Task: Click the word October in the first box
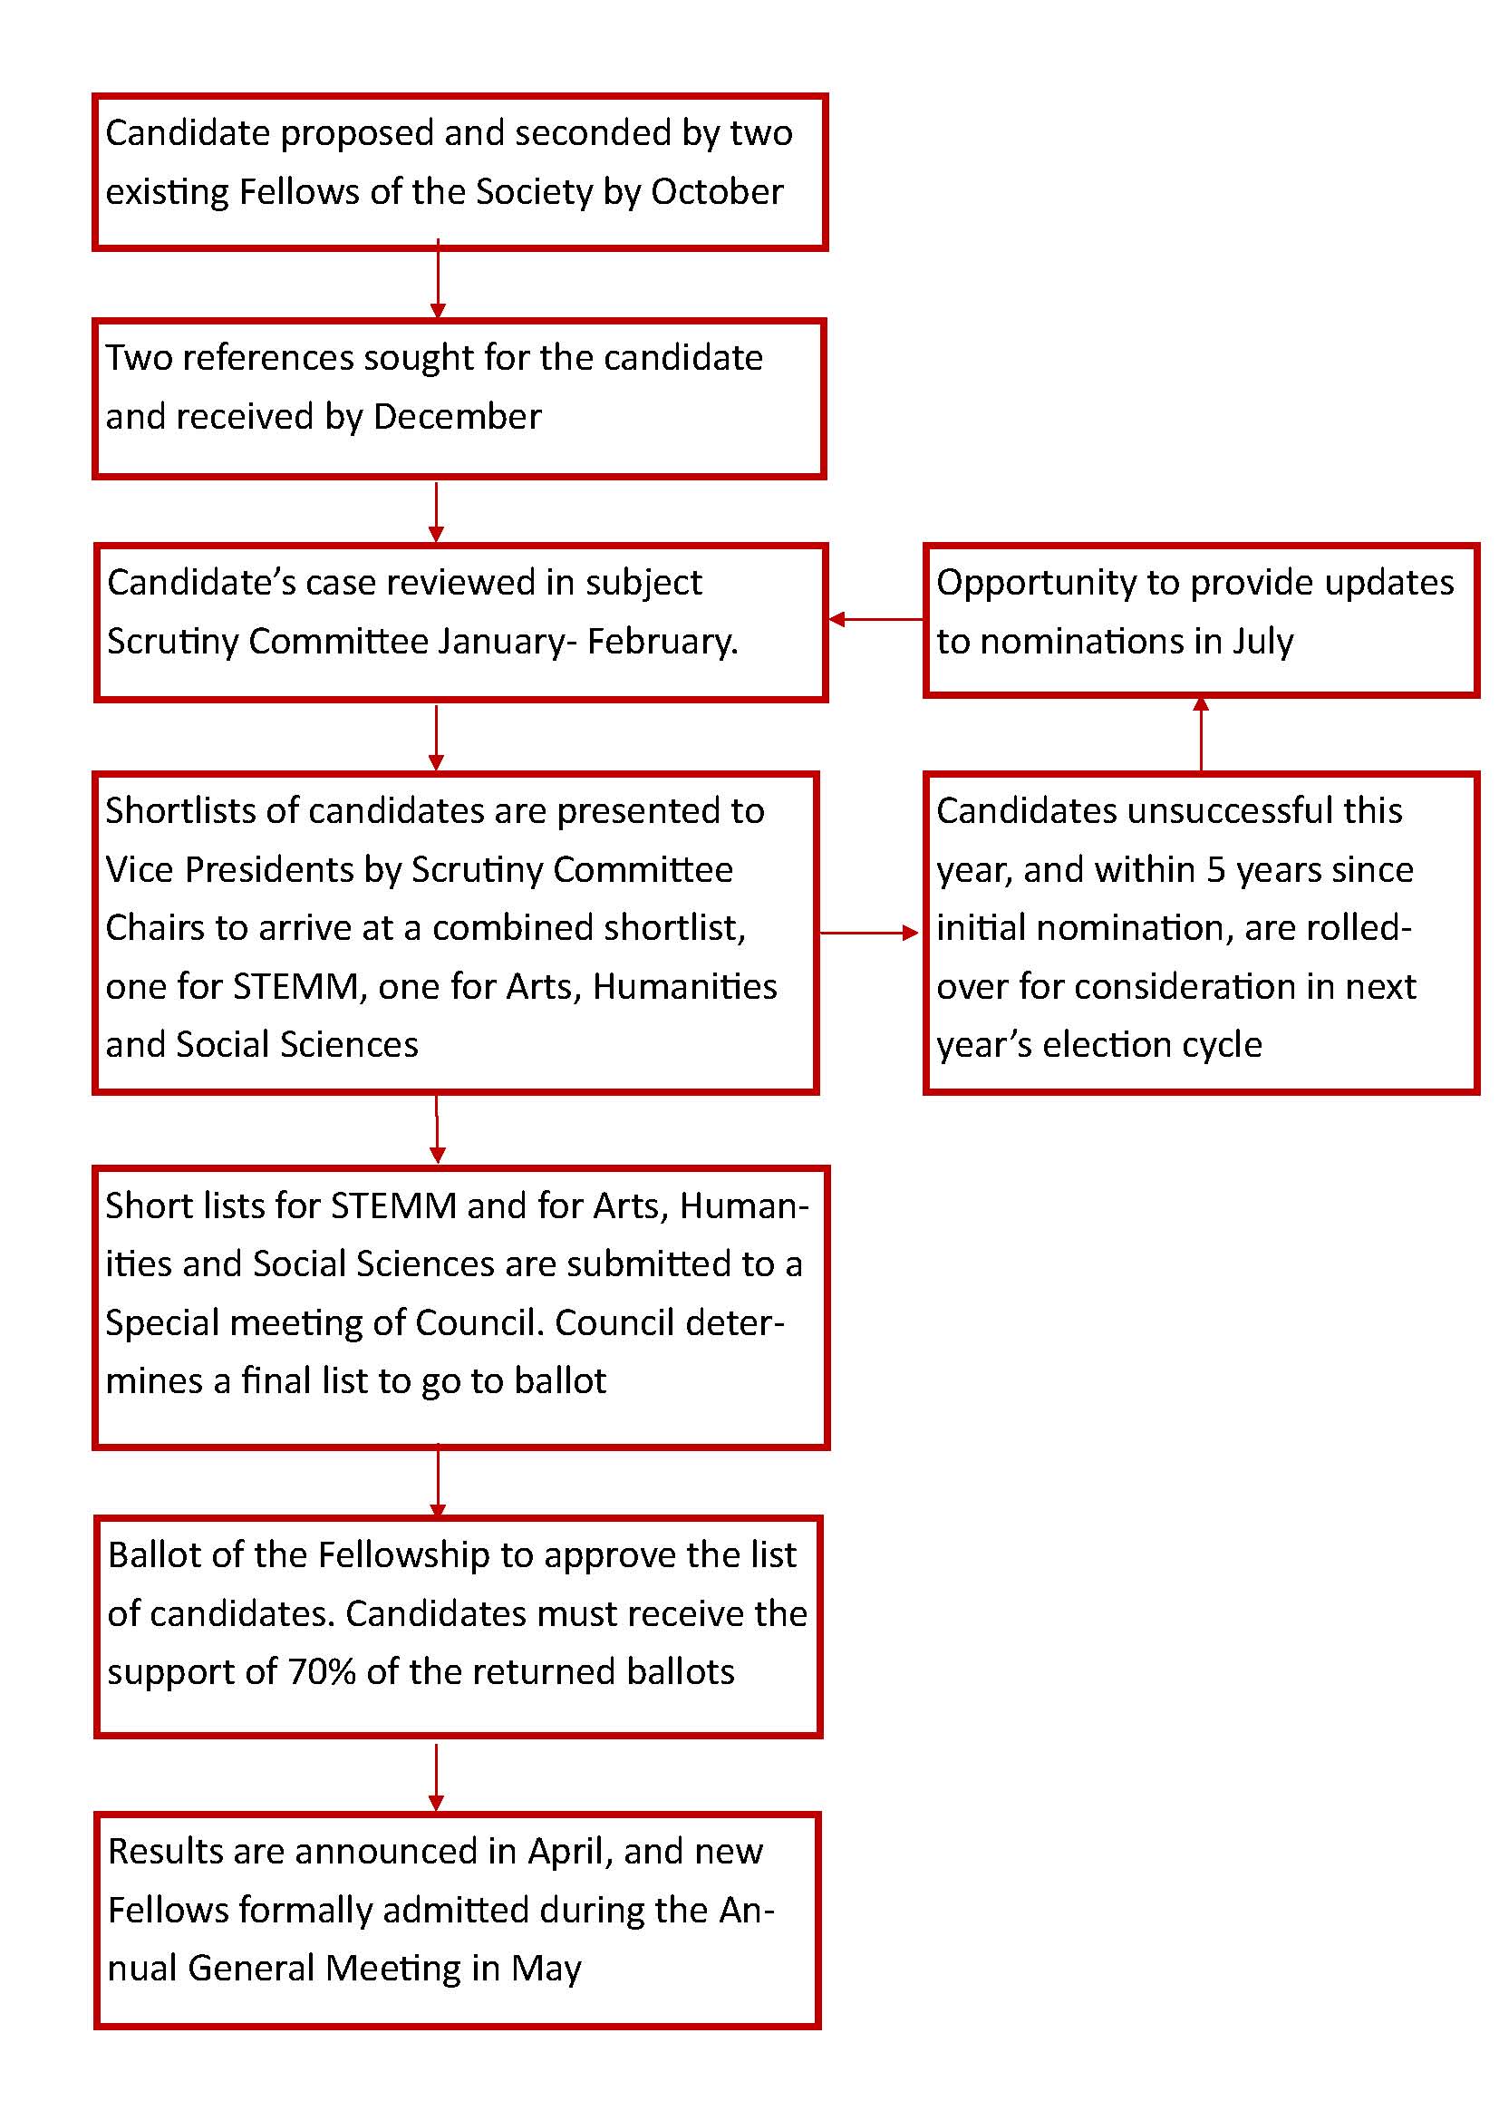pyautogui.click(x=717, y=192)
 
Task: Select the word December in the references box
pyautogui.click(x=457, y=416)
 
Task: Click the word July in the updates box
pyautogui.click(x=1262, y=641)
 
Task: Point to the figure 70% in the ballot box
pyautogui.click(x=322, y=1671)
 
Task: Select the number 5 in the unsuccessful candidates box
pyautogui.click(x=1216, y=869)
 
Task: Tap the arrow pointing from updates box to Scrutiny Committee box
pyautogui.click(x=875, y=619)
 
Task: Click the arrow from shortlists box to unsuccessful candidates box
pyautogui.click(x=868, y=933)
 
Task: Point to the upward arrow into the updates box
pyautogui.click(x=1201, y=733)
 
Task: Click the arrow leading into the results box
pyautogui.click(x=437, y=1777)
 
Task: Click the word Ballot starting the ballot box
pyautogui.click(x=153, y=1555)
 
